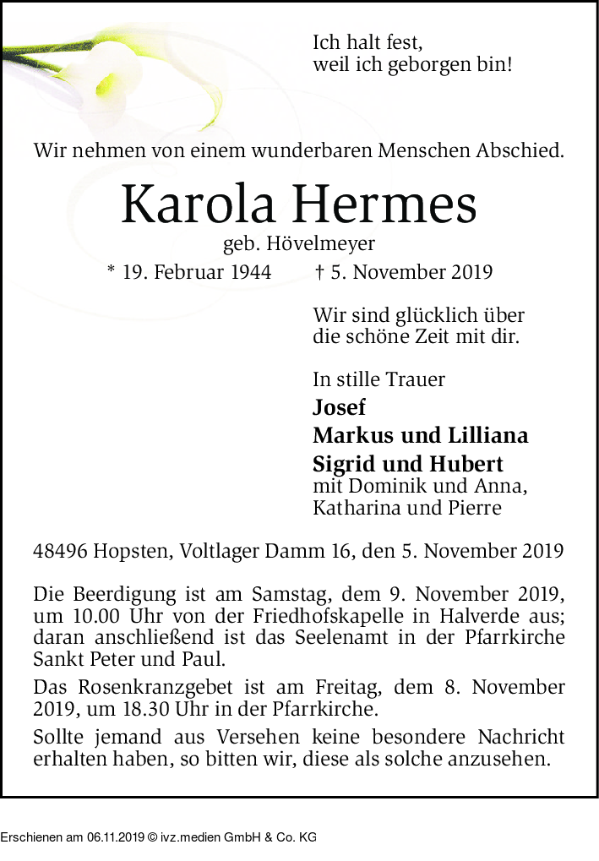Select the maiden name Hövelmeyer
click(x=320, y=244)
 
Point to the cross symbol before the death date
click(x=319, y=272)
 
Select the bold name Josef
click(x=339, y=407)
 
